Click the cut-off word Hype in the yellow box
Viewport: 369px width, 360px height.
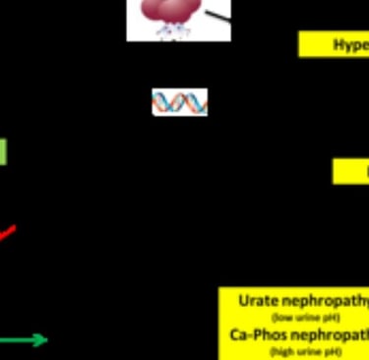click(350, 44)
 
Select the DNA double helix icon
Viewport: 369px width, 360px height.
click(179, 101)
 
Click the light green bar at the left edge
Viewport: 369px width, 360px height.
click(3, 151)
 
